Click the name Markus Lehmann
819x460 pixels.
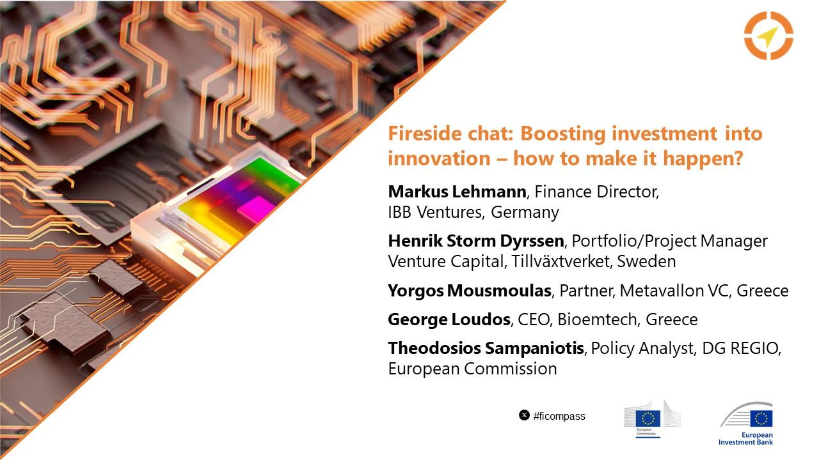[457, 192]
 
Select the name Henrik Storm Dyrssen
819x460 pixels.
[476, 241]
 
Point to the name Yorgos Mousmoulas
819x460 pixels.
[470, 291]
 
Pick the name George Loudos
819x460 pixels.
[449, 319]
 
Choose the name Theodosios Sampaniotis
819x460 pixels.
[486, 348]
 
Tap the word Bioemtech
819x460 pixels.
[598, 319]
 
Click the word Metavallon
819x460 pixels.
[662, 291]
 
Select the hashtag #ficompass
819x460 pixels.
[559, 416]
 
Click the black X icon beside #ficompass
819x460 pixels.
[524, 415]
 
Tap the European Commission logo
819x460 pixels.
[652, 418]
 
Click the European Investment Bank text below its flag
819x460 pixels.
[745, 438]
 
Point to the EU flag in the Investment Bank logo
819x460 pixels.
[761, 418]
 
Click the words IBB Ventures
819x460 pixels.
[436, 212]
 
